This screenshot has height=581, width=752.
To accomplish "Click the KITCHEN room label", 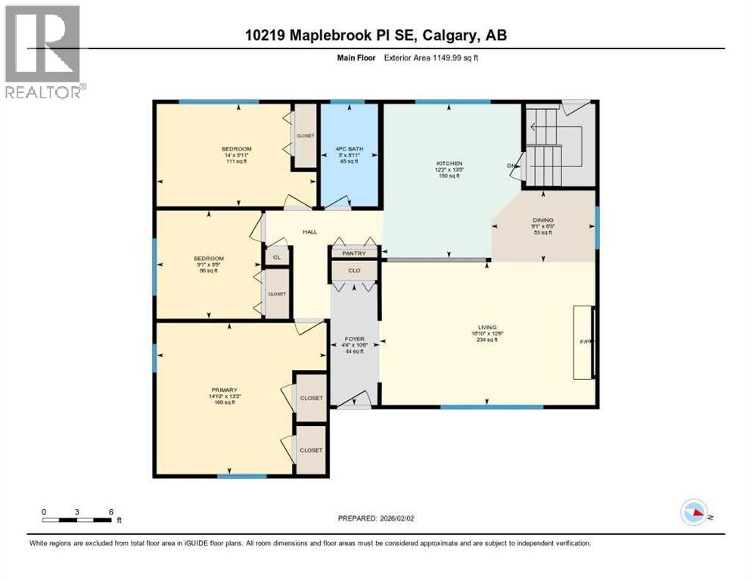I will click(x=449, y=163).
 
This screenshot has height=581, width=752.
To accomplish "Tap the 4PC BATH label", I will click(x=350, y=149).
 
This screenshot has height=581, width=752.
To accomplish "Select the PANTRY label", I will click(x=354, y=253).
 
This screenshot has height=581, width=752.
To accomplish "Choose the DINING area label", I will click(x=542, y=220).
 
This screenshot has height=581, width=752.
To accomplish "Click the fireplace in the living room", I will click(x=583, y=342).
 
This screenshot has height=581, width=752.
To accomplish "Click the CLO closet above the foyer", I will click(x=354, y=270).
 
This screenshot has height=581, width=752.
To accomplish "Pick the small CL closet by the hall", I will click(x=277, y=256).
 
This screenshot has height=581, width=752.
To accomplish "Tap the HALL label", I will click(x=310, y=232).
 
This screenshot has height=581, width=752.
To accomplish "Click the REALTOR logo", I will click(x=44, y=52).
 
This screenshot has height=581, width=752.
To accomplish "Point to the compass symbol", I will click(x=695, y=512).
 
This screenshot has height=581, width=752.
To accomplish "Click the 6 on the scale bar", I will click(x=111, y=511).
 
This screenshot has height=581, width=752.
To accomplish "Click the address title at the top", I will click(x=376, y=35).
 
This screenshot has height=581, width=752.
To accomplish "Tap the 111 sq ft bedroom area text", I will click(x=236, y=161).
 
